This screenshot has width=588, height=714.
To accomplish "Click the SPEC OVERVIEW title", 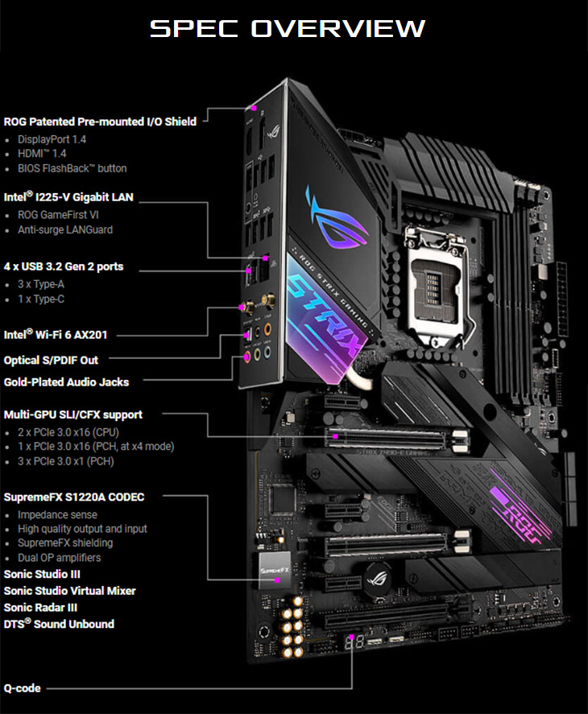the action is tap(288, 28).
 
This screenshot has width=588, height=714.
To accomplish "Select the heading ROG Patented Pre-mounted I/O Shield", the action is tap(100, 122).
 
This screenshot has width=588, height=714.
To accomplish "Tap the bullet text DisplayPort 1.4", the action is tap(52, 139).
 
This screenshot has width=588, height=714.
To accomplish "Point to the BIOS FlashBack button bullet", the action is tap(72, 168).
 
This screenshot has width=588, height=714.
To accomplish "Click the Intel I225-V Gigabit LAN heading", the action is tap(68, 196).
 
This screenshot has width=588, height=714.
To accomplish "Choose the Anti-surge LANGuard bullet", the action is tap(64, 229).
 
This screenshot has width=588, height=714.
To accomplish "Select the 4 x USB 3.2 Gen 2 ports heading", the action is tap(64, 266).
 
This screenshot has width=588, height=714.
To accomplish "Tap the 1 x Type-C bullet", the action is tap(41, 299).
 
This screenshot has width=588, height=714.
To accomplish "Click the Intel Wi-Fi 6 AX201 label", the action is tap(55, 335).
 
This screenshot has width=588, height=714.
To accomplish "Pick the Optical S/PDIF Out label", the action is tap(51, 360).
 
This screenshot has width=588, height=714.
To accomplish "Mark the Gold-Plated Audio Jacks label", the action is tap(66, 382).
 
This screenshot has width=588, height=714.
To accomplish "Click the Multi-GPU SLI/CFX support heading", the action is tap(73, 415).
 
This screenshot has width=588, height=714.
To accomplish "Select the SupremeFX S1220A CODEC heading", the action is tap(74, 497).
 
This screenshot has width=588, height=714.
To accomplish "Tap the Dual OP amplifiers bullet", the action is tap(59, 558).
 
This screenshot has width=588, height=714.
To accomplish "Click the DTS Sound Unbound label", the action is tap(59, 624).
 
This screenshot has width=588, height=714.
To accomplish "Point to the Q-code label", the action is tap(22, 688).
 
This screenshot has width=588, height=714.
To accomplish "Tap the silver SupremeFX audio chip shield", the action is tap(275, 571).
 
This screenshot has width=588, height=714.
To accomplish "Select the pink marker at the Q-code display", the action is tap(351, 637).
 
